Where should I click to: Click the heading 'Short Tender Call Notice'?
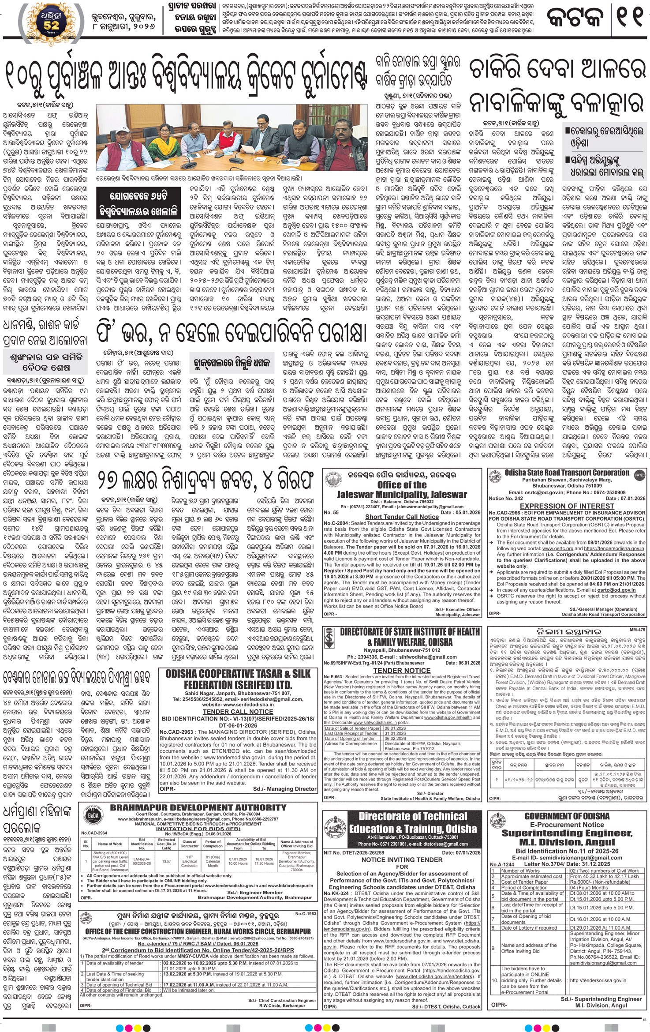click(402, 516)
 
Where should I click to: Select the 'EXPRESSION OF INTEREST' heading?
click(567, 506)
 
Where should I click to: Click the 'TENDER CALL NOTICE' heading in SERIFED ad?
click(238, 711)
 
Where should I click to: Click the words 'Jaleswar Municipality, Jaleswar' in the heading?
click(402, 495)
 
